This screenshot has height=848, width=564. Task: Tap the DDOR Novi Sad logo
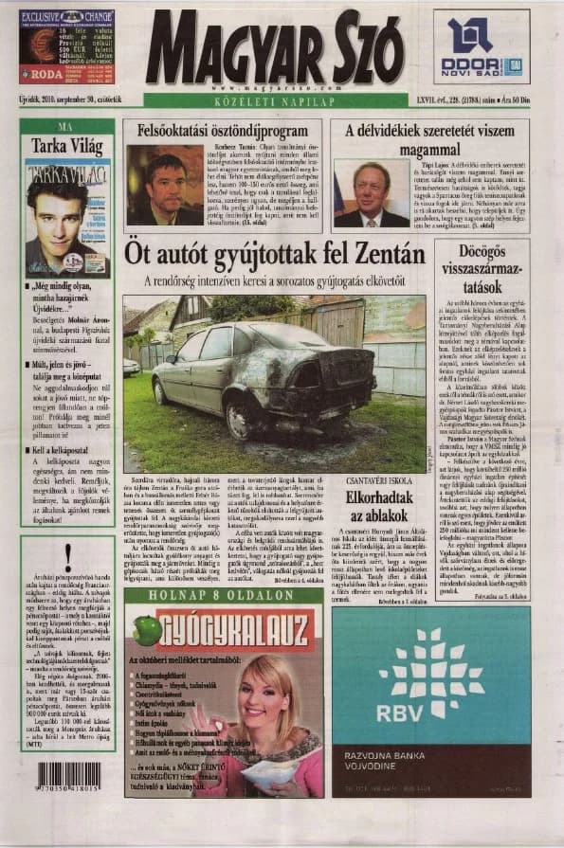coord(481,46)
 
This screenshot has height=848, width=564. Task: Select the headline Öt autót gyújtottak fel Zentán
coord(274,253)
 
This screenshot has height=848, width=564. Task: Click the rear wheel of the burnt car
coord(238,414)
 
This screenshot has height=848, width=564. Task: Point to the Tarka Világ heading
coord(67,146)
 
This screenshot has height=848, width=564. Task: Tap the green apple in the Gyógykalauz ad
coord(148,631)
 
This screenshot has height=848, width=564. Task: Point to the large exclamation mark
coord(66,559)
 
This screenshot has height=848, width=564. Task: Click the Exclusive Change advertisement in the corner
coord(66,46)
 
